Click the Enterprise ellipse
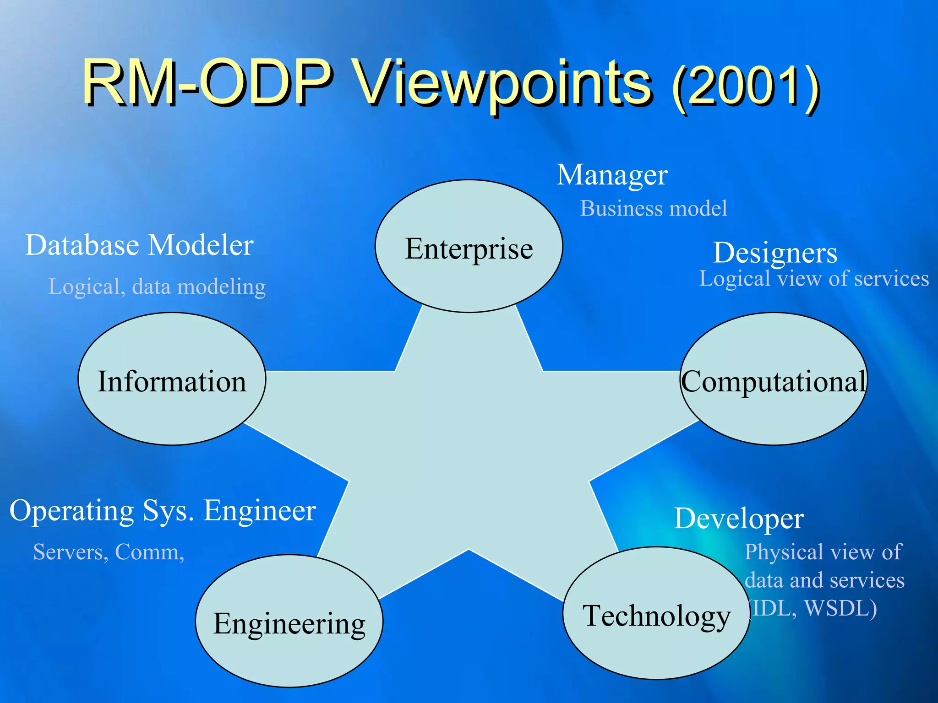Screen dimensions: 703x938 point(469,246)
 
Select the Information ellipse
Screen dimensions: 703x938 point(172,379)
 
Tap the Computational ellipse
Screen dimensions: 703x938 point(774,379)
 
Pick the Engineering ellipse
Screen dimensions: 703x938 point(289,621)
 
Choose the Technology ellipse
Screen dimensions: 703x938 point(656,613)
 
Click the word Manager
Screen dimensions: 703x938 point(612,175)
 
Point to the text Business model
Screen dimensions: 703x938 point(653,208)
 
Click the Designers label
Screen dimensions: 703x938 point(775,252)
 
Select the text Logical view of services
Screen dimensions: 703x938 point(814,279)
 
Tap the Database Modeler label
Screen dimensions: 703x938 point(139,245)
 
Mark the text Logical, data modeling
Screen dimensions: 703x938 point(157,287)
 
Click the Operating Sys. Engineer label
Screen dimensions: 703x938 point(163,510)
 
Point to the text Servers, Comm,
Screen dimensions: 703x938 point(109,552)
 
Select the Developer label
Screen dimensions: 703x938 point(739,519)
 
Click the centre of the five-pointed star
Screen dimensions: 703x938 point(469,439)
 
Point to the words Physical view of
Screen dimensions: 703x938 point(823,552)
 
